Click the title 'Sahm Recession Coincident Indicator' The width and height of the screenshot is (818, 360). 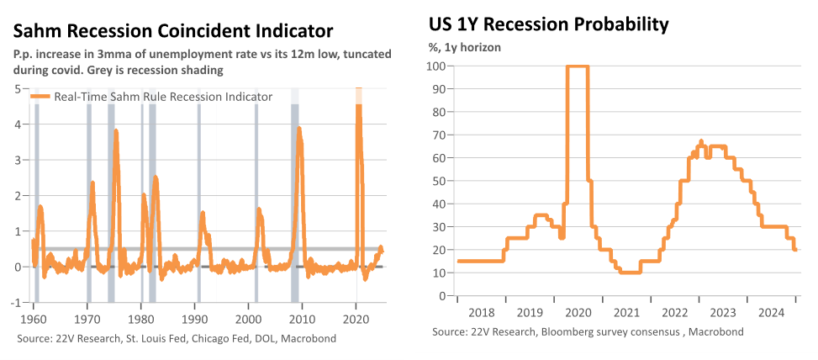[x=172, y=31]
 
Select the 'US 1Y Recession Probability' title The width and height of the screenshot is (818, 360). [x=548, y=24]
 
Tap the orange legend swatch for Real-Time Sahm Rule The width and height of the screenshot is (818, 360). [x=41, y=97]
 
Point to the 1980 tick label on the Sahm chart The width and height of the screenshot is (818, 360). [x=141, y=318]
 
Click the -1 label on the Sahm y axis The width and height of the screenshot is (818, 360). [x=18, y=303]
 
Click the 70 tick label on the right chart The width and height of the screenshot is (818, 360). [x=438, y=135]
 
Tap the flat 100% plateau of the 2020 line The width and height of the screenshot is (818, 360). [x=578, y=66]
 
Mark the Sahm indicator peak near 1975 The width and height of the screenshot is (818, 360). [x=116, y=131]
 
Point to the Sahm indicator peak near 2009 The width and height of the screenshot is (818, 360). [x=299, y=129]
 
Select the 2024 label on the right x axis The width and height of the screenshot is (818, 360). [x=771, y=314]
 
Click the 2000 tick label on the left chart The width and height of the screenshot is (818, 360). [x=249, y=318]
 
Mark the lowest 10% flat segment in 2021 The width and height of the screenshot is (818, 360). [x=630, y=273]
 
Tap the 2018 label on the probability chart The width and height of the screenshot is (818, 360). [x=481, y=314]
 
